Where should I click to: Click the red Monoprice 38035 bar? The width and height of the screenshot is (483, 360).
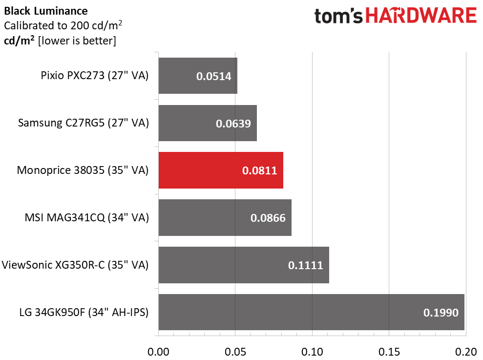point(221,170)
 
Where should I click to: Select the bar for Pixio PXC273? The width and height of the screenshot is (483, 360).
point(198,76)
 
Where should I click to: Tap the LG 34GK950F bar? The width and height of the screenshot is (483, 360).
point(311,312)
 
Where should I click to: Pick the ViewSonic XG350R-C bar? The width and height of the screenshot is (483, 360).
point(244,265)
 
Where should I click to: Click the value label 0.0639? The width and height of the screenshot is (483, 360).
point(233,124)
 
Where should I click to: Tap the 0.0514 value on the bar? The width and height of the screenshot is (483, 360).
point(213,76)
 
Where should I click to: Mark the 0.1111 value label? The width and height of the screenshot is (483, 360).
point(305,265)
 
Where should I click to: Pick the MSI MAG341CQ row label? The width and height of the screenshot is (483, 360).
point(86,218)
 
